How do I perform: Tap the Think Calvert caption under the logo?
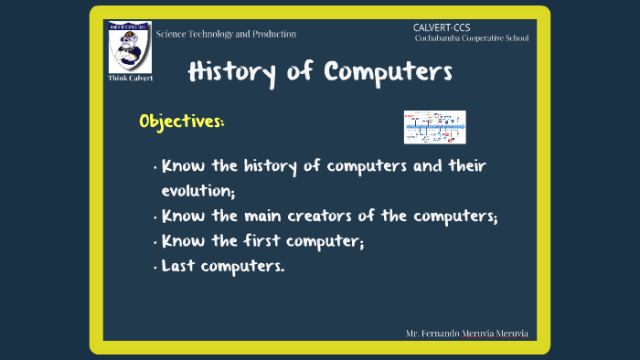[x=130, y=78]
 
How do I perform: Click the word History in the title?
[x=231, y=72]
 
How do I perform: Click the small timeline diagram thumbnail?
[x=435, y=127]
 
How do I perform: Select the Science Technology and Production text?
[x=226, y=34]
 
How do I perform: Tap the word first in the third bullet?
[x=280, y=242]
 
